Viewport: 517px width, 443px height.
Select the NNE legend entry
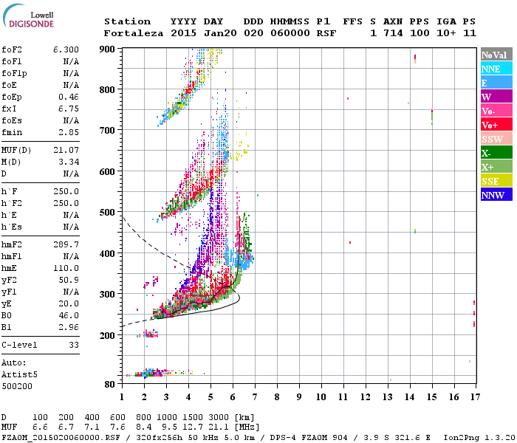[x=491, y=69]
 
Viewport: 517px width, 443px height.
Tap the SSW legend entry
[x=492, y=139]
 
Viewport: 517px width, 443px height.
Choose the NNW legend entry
[x=493, y=195]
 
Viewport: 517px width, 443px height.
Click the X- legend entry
[x=486, y=153]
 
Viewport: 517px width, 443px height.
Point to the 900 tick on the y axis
[x=109, y=49]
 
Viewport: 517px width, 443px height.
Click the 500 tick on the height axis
[x=109, y=213]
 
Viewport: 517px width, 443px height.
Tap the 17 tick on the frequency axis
[x=474, y=397]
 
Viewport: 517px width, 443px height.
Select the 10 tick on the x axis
[x=321, y=397]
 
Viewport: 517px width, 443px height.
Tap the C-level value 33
[x=73, y=345]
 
